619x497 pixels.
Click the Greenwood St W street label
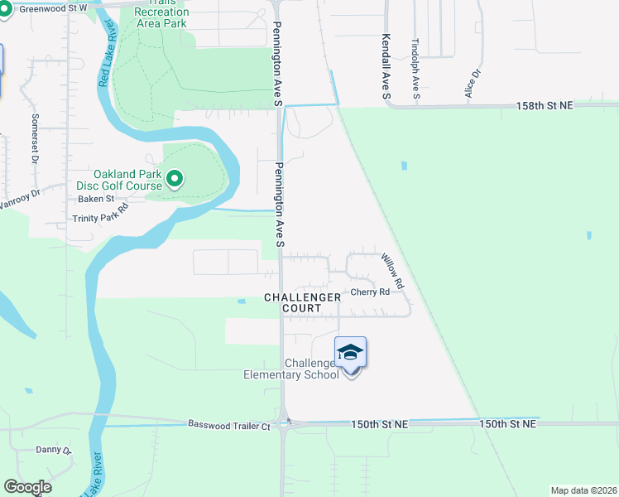point(52,8)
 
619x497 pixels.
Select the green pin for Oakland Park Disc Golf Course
point(175,179)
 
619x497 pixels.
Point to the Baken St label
point(96,199)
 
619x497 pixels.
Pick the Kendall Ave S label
point(386,67)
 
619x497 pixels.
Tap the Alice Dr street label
point(473,84)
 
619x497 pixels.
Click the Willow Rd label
point(393,271)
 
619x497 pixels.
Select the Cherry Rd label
point(370,292)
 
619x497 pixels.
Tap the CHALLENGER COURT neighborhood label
point(302,302)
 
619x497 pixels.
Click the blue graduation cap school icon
point(350,354)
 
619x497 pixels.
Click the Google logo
point(27,487)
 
